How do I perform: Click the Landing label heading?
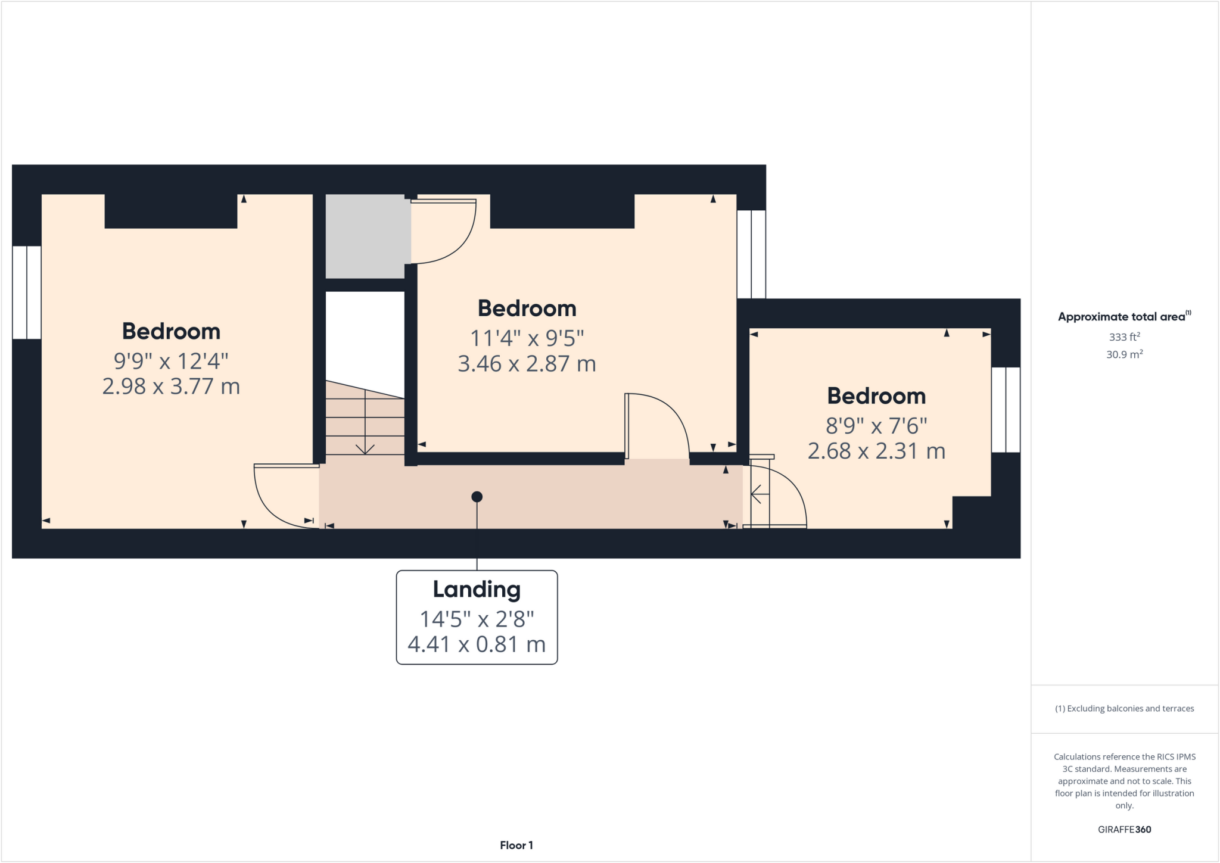pyautogui.click(x=477, y=590)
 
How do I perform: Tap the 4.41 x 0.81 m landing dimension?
pyautogui.click(x=477, y=644)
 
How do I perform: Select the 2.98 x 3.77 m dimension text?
pyautogui.click(x=171, y=387)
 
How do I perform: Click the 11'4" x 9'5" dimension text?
pyautogui.click(x=527, y=338)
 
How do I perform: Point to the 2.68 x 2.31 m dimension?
pyautogui.click(x=876, y=451)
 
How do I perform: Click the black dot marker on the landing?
pyautogui.click(x=477, y=497)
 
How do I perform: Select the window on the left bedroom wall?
pyautogui.click(x=27, y=292)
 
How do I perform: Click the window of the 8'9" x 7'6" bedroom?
pyautogui.click(x=1006, y=410)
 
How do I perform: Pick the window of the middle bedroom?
pyautogui.click(x=751, y=254)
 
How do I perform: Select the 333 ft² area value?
pyautogui.click(x=1124, y=337)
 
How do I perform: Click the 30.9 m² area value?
pyautogui.click(x=1124, y=354)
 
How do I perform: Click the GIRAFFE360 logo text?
pyautogui.click(x=1124, y=830)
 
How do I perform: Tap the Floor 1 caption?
pyautogui.click(x=516, y=845)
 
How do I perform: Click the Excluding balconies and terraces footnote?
pyautogui.click(x=1124, y=709)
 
